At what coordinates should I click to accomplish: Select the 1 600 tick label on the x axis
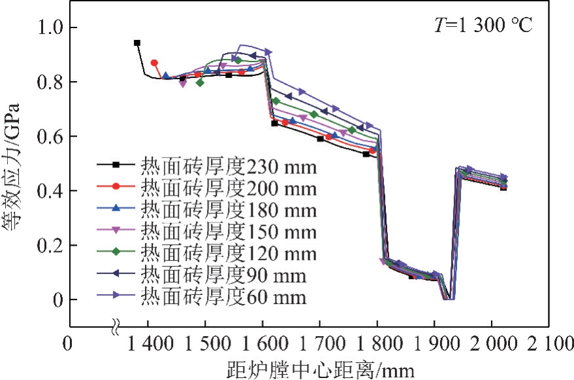tap(263, 345)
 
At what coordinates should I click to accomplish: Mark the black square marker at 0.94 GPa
tap(137, 43)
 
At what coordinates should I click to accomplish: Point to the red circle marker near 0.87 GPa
tap(154, 63)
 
